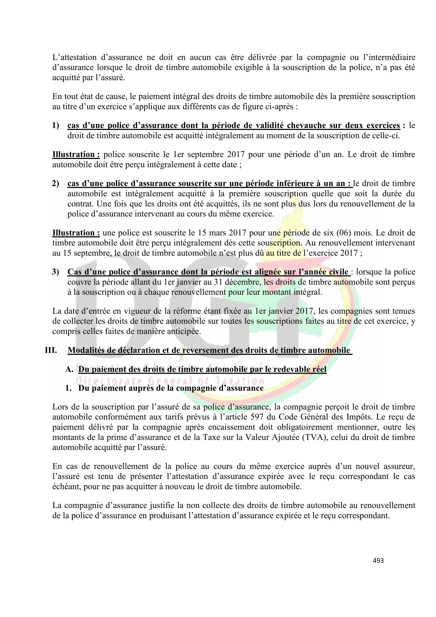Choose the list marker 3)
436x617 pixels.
(x=56, y=272)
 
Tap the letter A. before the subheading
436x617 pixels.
(x=69, y=369)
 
